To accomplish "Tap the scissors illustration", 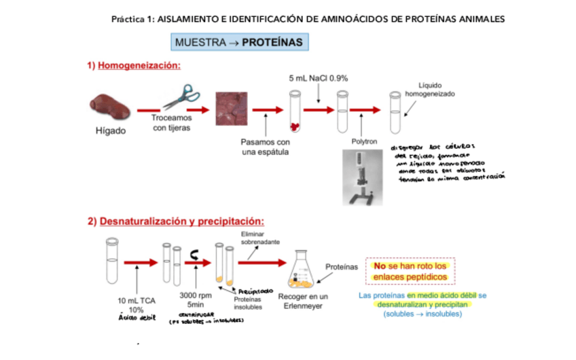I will coord(177,96).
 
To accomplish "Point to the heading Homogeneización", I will coord(139,66).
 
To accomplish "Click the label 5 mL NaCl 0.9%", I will coord(318,79).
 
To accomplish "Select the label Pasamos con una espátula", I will coord(266,147).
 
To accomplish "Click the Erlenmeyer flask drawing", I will coord(304,270).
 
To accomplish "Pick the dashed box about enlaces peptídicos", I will coord(410,272).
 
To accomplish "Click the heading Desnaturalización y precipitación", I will coord(181,221).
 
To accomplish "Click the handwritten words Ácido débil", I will coord(137,318).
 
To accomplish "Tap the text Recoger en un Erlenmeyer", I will coord(304,302).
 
